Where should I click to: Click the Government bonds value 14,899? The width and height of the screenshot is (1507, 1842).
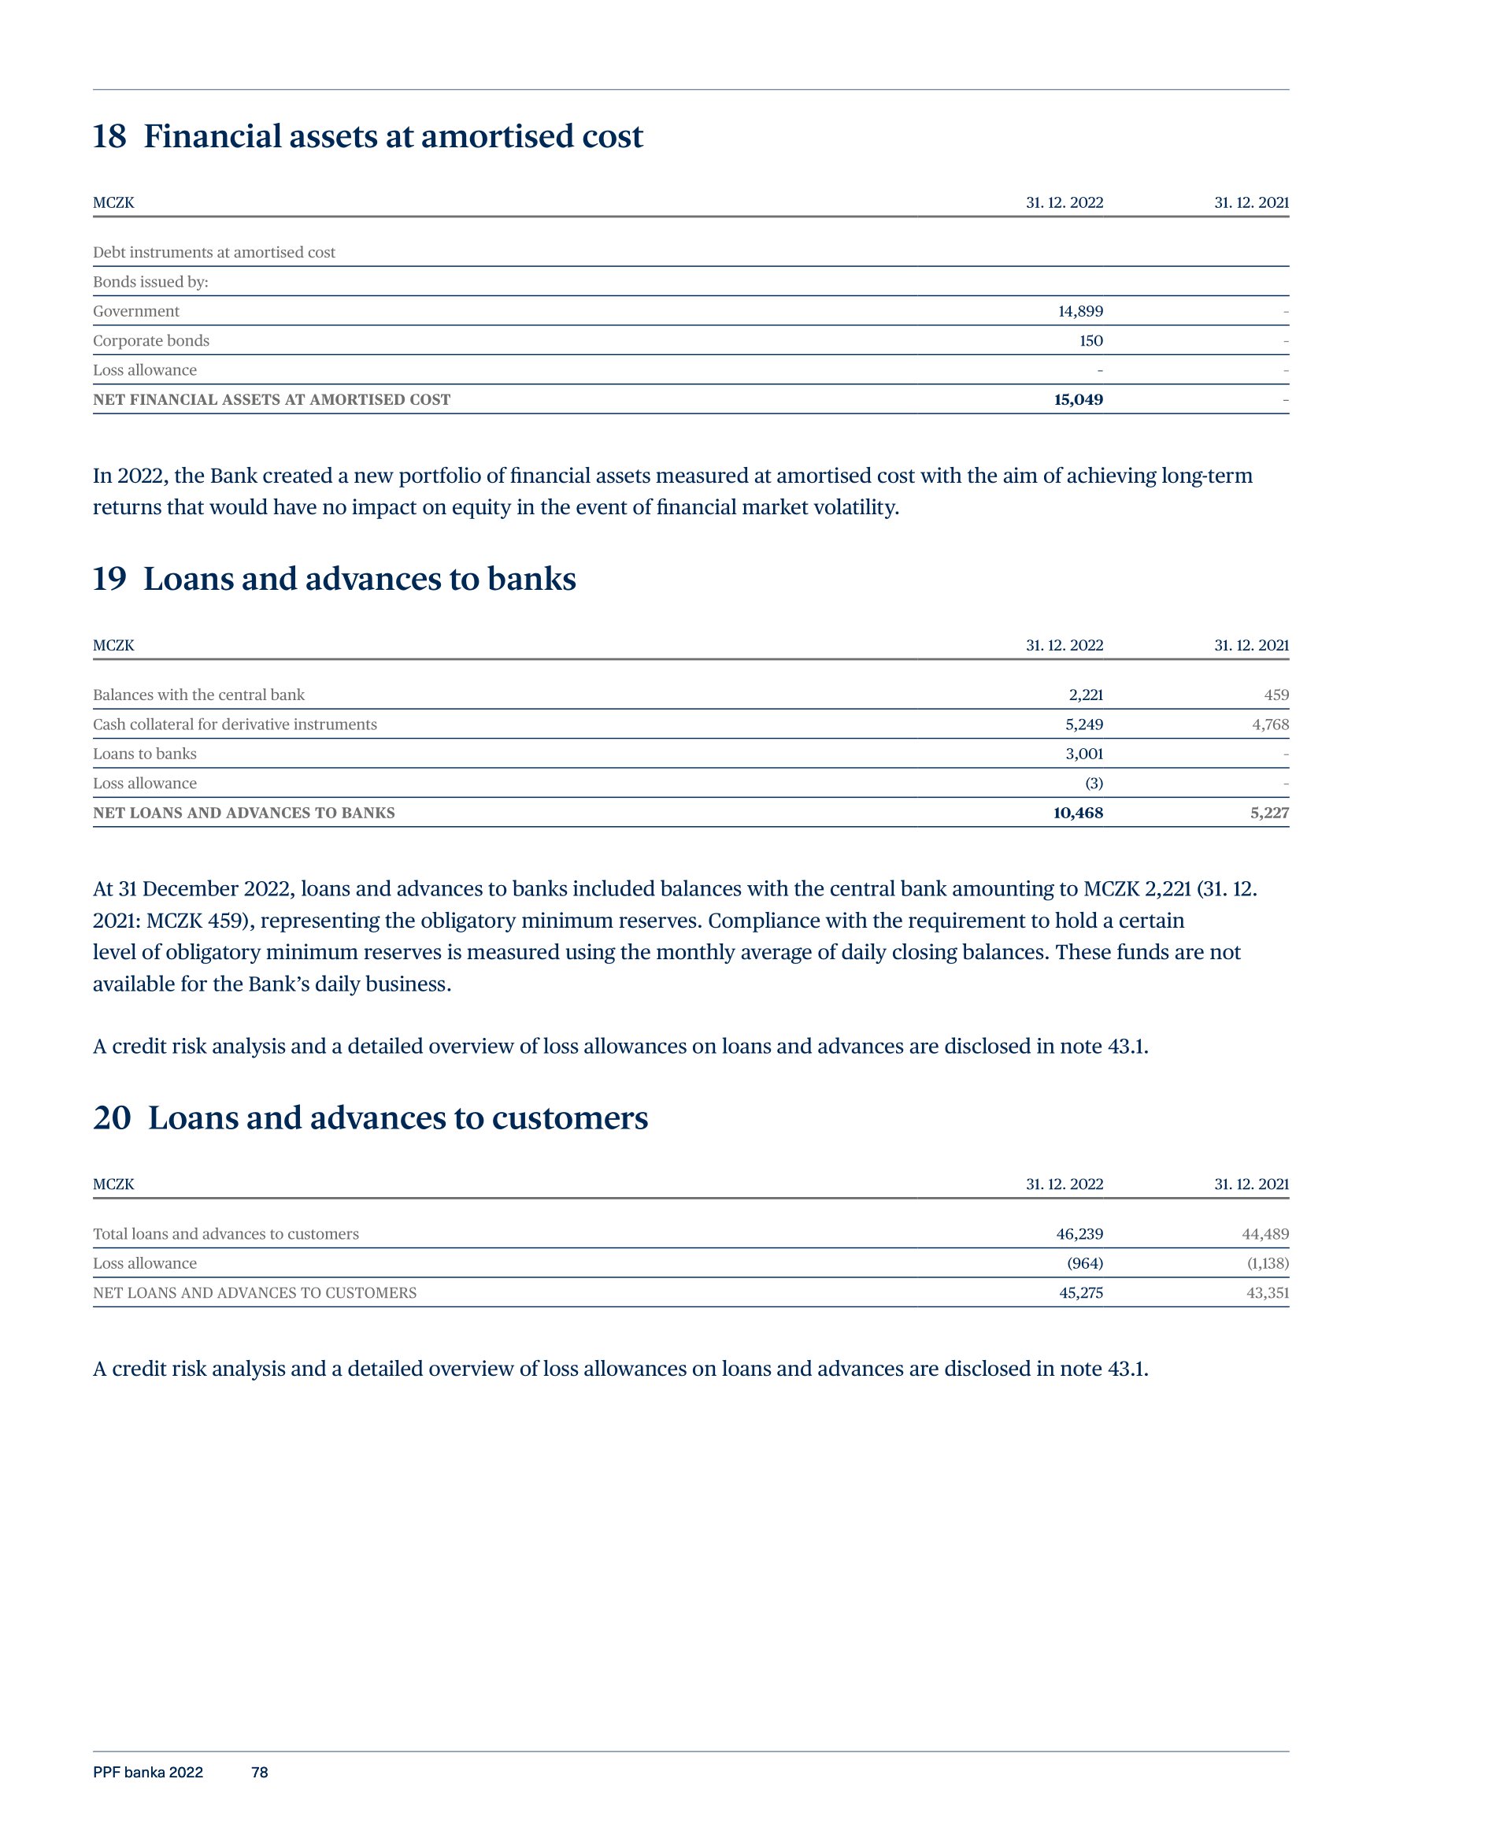click(1080, 312)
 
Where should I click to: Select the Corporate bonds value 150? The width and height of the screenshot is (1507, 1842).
click(1091, 341)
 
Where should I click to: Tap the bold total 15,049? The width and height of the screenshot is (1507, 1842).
click(1078, 400)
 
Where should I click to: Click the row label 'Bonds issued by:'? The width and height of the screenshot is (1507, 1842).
click(150, 282)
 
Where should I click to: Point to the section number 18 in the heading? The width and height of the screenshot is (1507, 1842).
click(109, 137)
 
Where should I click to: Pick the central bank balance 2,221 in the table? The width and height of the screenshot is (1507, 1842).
click(1085, 695)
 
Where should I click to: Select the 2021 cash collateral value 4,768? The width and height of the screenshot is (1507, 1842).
click(1270, 725)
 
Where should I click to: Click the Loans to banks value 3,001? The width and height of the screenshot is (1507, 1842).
click(1084, 754)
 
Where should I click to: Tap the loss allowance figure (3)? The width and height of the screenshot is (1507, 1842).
click(1094, 784)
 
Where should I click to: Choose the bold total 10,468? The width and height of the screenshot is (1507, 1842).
click(1078, 814)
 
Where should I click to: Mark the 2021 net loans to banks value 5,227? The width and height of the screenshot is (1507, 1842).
click(1270, 814)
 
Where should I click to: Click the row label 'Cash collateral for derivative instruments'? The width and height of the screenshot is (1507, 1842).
click(235, 725)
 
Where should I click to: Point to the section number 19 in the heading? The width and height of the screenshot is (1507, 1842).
click(109, 580)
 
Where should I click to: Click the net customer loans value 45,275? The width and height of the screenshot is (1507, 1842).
click(1081, 1293)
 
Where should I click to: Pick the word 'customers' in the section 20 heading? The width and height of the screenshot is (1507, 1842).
click(569, 1118)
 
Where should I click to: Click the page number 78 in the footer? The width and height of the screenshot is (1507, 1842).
click(260, 1773)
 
